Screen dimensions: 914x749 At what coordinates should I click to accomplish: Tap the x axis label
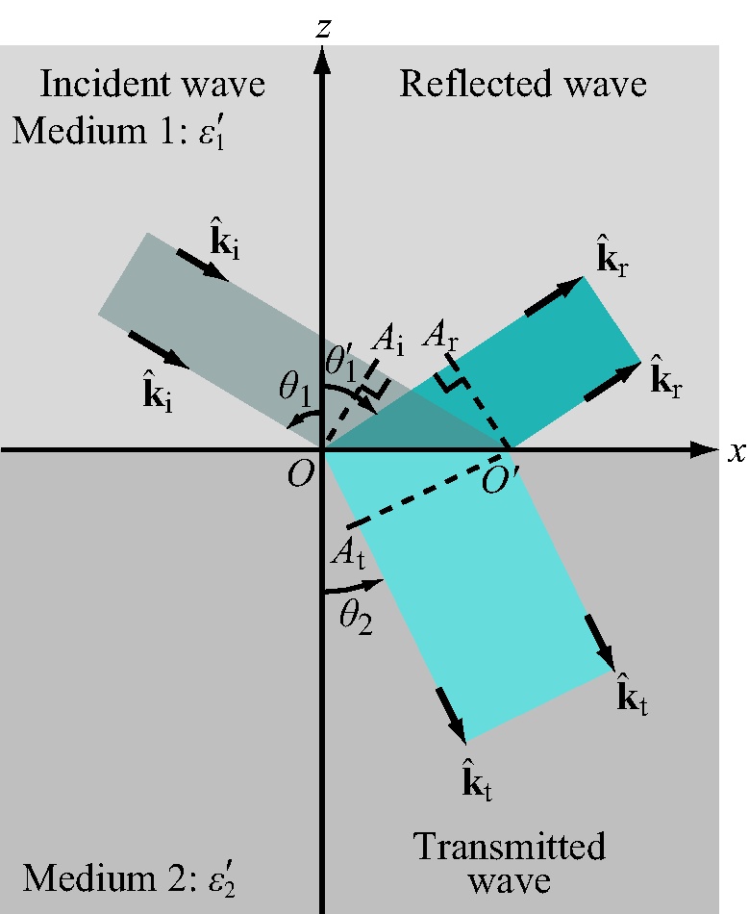point(737,452)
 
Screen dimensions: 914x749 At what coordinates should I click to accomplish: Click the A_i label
point(389,339)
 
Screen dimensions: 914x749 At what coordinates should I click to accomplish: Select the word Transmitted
point(510,847)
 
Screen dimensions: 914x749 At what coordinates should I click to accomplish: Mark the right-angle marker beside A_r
point(451,382)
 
